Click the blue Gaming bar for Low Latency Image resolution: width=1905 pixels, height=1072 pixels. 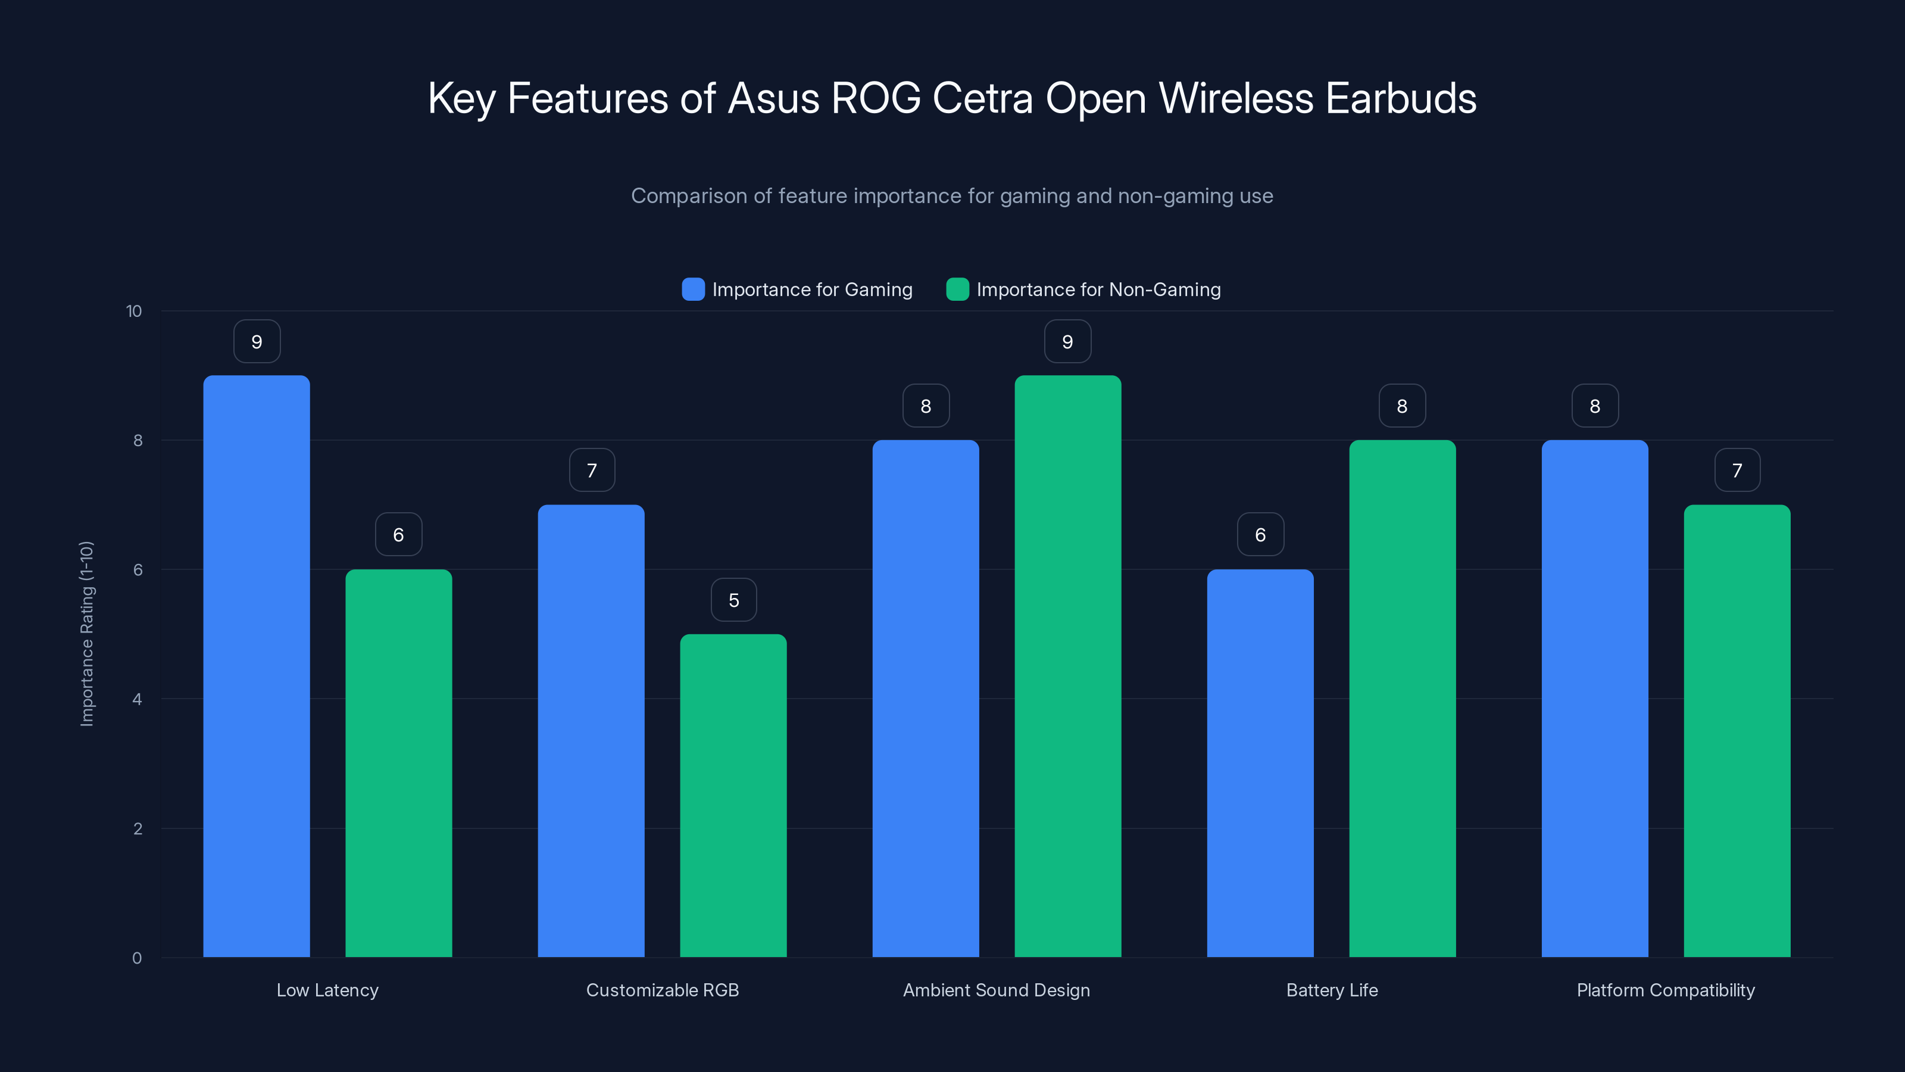[257, 666]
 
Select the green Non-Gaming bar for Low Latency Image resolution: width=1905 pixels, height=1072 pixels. [399, 763]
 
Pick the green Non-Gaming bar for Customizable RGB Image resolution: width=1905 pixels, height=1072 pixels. [733, 795]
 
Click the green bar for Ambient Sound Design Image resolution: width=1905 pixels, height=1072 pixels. [1067, 666]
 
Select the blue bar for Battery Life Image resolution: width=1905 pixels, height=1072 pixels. [1260, 763]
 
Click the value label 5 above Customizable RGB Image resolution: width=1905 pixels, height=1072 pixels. [733, 600]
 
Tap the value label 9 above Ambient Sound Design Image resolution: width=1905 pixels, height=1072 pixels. [1067, 342]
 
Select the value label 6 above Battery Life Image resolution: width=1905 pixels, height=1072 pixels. [1260, 535]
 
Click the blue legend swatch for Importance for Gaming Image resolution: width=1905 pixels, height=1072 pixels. [693, 289]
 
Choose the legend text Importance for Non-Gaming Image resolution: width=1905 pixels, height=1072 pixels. [1098, 289]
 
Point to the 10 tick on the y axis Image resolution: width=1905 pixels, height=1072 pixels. [134, 311]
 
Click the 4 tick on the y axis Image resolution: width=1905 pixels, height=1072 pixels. [137, 699]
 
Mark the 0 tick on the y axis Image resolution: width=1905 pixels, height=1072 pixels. [137, 958]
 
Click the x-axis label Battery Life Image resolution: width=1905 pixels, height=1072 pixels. [1332, 990]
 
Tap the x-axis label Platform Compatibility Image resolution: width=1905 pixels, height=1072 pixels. [1666, 990]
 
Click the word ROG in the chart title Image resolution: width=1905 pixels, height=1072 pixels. [876, 98]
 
